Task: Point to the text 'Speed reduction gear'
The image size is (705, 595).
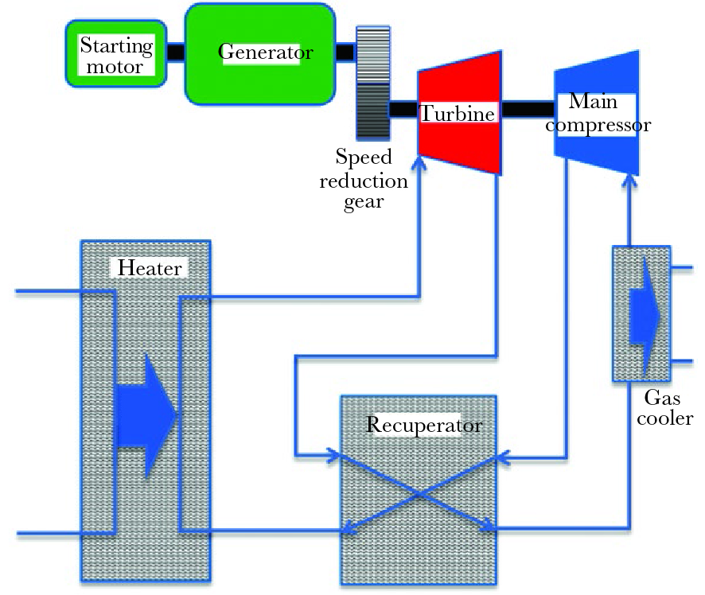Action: click(364, 179)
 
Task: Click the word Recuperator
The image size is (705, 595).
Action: click(423, 425)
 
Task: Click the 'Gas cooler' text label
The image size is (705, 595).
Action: click(669, 406)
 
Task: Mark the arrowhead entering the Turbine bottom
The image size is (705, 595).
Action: click(419, 162)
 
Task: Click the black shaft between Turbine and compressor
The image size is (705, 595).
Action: click(527, 108)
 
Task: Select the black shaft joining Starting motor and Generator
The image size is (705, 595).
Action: click(176, 51)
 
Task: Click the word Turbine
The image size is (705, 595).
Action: click(458, 114)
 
